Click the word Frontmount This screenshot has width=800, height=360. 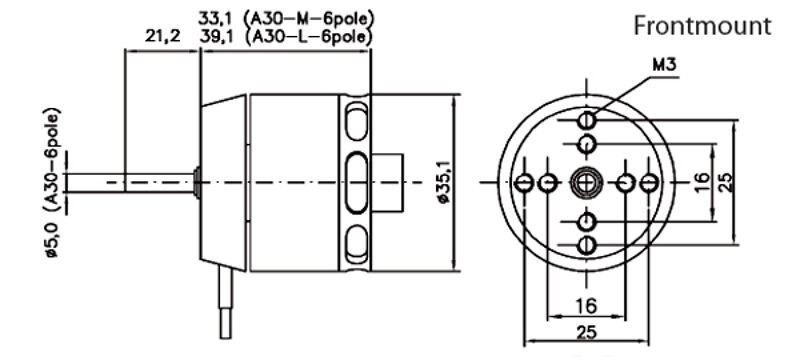pos(702,26)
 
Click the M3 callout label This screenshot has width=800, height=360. pos(664,65)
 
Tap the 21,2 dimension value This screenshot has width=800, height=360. pos(162,37)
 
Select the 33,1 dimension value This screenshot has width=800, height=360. pos(213,19)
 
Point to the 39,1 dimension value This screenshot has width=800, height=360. pos(213,37)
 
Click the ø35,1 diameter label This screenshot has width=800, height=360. pos(444,182)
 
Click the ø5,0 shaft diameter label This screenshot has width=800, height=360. pos(53,238)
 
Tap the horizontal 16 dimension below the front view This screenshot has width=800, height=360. pos(586,306)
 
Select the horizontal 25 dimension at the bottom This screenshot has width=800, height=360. pos(586,333)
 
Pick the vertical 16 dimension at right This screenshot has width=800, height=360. pos(702,182)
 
